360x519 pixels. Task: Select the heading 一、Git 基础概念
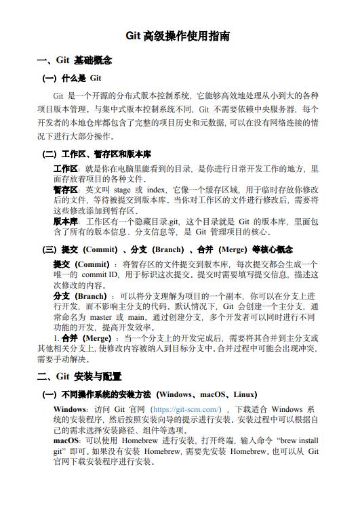pos(75,61)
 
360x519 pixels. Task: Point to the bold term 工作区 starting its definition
pos(66,169)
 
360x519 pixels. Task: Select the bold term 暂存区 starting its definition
pos(66,190)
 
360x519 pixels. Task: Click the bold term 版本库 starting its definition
pos(66,221)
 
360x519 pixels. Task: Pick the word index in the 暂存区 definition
pos(156,190)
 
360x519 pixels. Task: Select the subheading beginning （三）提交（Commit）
pos(167,249)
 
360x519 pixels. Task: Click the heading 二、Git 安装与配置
pos(79,377)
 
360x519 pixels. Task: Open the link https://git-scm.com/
pos(186,409)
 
